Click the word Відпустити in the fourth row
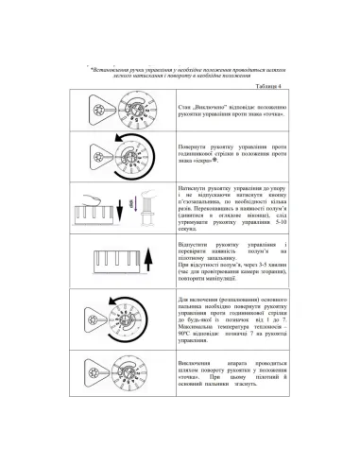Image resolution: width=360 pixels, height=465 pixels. point(197,245)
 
